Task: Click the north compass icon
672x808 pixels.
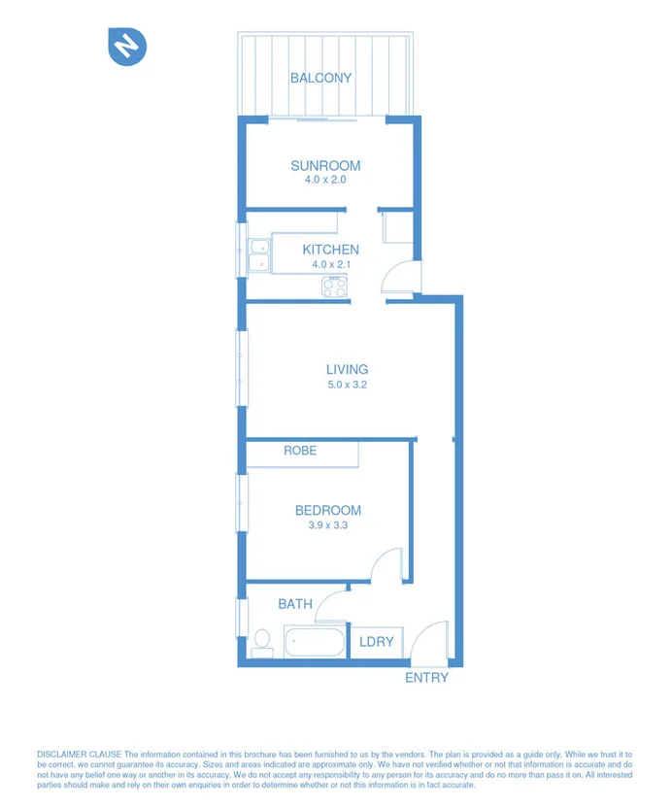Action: (127, 47)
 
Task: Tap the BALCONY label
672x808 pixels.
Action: (320, 78)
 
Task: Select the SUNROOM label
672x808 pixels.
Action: (325, 166)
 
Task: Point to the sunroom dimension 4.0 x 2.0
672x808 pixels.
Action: (325, 181)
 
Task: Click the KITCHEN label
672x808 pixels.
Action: (330, 250)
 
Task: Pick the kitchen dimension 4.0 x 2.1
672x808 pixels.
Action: (330, 264)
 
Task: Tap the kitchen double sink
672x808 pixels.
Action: (259, 254)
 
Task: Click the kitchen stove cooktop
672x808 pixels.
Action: (334, 286)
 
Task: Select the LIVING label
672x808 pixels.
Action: (347, 369)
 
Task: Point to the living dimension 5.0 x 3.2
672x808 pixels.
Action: (347, 385)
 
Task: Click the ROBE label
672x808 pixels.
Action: (300, 451)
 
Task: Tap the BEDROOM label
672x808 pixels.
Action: (328, 510)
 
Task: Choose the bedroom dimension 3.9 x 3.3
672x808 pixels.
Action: (328, 525)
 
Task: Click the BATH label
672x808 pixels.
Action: (295, 604)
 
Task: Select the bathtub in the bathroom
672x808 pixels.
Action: (315, 642)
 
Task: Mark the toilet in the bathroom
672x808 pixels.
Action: (261, 642)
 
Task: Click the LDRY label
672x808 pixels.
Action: (376, 642)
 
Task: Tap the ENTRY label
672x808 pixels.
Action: (426, 678)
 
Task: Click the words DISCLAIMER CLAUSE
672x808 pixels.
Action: (80, 755)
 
